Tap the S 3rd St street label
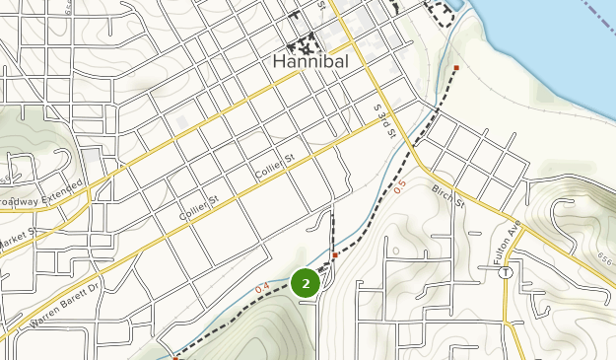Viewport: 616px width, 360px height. [383, 118]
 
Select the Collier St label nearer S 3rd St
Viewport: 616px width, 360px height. [276, 165]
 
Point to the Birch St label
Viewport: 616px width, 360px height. [446, 194]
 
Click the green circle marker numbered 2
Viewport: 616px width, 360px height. [307, 284]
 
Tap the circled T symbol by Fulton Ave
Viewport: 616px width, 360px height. [505, 271]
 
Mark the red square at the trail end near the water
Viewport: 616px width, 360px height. [456, 68]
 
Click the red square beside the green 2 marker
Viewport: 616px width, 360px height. [335, 255]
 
